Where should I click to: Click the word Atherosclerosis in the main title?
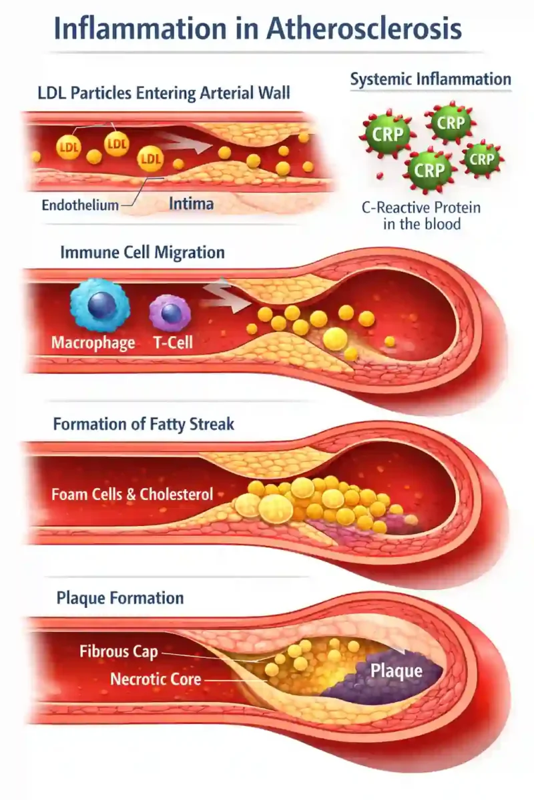click(364, 29)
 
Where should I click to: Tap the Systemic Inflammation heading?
click(431, 79)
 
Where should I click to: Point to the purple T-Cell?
click(170, 313)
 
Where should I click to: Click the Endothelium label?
click(80, 205)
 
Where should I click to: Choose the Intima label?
click(192, 204)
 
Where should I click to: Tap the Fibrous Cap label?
click(119, 651)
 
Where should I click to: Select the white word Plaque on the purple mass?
click(396, 671)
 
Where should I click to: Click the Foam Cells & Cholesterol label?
click(132, 494)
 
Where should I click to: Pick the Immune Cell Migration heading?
click(143, 253)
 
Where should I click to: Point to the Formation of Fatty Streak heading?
click(144, 424)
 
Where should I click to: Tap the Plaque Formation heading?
click(120, 598)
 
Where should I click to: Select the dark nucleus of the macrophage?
click(101, 305)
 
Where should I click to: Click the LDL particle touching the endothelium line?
click(151, 158)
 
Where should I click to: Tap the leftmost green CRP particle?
click(388, 134)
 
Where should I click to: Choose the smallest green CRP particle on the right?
click(481, 159)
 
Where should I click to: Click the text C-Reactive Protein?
click(421, 207)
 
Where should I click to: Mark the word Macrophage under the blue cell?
click(93, 343)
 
